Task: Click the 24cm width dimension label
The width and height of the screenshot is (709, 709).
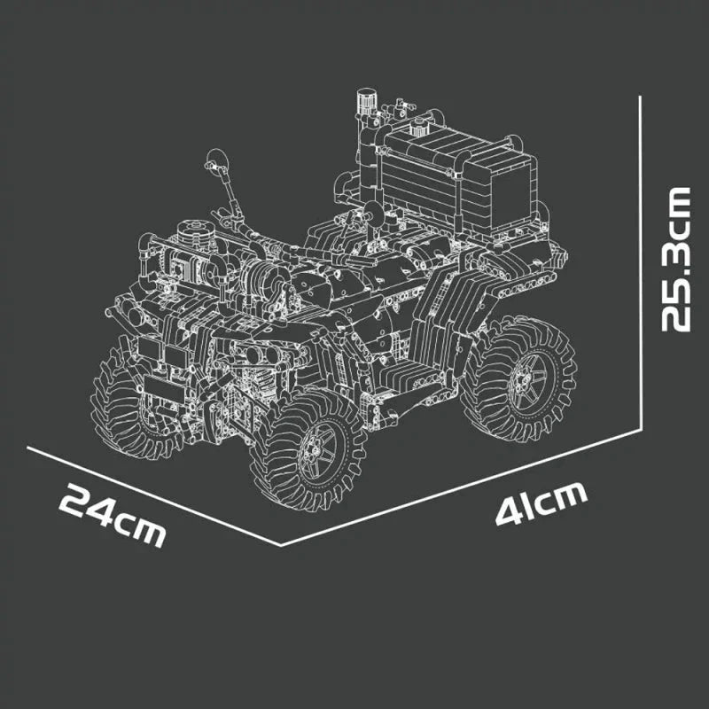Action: point(113,515)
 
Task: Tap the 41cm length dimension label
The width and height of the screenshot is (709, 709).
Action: point(541,503)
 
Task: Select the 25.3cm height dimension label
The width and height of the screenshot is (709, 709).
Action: point(676,259)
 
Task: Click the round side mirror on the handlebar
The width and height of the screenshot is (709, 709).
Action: point(217,160)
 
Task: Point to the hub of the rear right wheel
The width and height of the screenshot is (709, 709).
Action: point(527,378)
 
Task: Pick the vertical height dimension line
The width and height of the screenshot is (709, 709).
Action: point(640,262)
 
